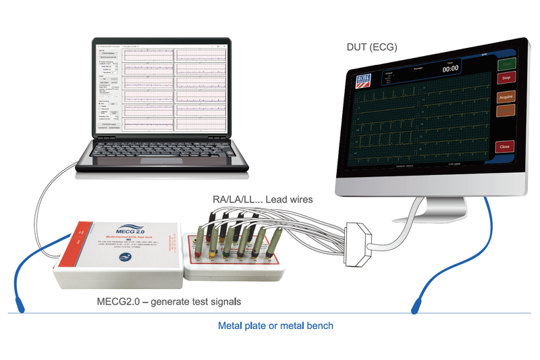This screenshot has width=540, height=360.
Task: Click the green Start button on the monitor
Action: (x=506, y=65)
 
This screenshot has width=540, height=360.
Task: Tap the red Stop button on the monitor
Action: (x=506, y=78)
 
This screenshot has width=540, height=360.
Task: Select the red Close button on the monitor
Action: (x=504, y=146)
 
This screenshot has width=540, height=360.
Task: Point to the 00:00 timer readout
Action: (x=450, y=68)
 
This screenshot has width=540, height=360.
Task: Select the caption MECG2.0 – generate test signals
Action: (x=159, y=299)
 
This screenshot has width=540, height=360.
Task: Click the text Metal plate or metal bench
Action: (x=275, y=326)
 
